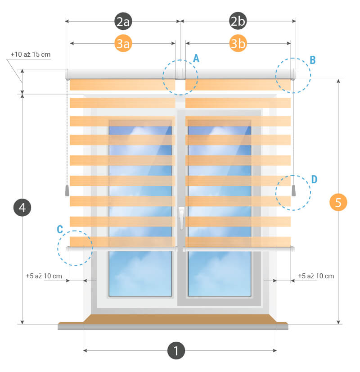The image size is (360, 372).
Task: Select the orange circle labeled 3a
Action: coord(123,44)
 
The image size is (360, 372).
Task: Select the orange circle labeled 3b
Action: coord(238,44)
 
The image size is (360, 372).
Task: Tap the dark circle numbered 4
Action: coord(22,208)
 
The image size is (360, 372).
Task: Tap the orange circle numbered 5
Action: coord(338,202)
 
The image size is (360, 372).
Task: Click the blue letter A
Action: coord(196,58)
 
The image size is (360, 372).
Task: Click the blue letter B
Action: coord(313,59)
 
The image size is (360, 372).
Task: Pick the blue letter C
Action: coord(60,229)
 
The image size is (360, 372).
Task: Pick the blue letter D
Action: coord(314,179)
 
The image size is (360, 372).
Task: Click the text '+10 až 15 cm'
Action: coord(31,54)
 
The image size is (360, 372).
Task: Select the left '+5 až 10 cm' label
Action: coord(44,276)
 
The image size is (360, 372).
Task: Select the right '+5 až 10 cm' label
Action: coord(316,276)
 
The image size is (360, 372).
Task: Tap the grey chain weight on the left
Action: coord(67,191)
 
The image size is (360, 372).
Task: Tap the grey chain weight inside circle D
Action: coord(294,191)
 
